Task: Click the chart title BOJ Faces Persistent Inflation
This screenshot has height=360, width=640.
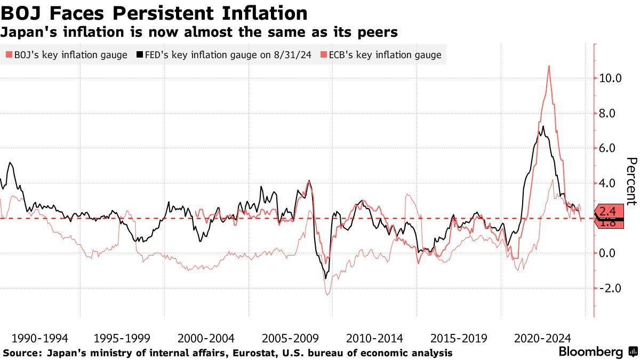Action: pyautogui.click(x=154, y=12)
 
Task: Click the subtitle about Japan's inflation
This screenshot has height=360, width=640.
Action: pyautogui.click(x=199, y=32)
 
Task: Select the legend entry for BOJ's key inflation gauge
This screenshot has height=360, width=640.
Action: pyautogui.click(x=67, y=54)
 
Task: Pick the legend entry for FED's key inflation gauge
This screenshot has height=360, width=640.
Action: pyautogui.click(x=225, y=54)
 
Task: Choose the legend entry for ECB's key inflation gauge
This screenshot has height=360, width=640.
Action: pyautogui.click(x=381, y=54)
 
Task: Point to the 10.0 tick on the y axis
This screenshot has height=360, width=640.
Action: pyautogui.click(x=611, y=78)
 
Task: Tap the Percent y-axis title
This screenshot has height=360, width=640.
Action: pyautogui.click(x=631, y=181)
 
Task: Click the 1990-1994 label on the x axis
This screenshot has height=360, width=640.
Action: pyautogui.click(x=39, y=338)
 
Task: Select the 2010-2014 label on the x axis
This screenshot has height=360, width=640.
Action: pyautogui.click(x=375, y=338)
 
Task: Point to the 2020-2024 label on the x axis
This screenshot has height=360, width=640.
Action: pyautogui.click(x=543, y=338)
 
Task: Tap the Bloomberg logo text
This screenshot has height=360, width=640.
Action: pyautogui.click(x=591, y=352)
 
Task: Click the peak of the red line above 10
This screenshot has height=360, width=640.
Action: pyautogui.click(x=549, y=66)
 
